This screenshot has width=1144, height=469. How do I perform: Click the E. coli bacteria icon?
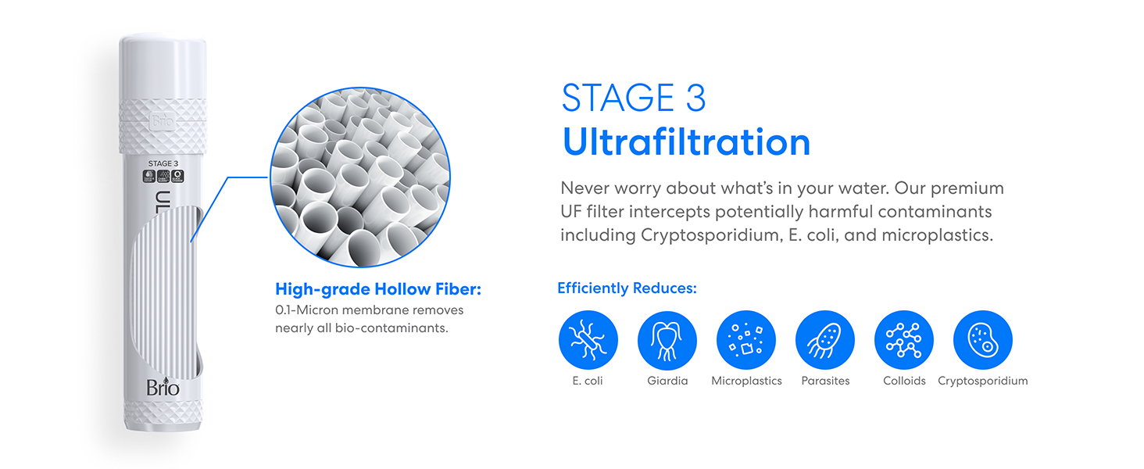588,340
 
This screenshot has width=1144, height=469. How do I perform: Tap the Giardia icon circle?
667,340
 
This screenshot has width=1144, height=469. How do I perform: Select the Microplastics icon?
746,340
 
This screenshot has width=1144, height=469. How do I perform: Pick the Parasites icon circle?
825,340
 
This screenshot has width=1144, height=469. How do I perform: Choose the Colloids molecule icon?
904,340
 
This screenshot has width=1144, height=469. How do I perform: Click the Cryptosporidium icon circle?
983,340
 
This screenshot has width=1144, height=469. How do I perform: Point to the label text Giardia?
667,381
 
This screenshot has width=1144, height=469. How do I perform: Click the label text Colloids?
904,381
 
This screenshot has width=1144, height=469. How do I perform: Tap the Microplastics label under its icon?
746,381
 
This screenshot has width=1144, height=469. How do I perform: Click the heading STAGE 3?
634,98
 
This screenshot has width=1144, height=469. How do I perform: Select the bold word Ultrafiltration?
686,142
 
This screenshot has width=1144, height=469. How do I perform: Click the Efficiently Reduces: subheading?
627,288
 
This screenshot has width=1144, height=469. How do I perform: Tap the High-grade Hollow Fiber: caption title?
378,290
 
